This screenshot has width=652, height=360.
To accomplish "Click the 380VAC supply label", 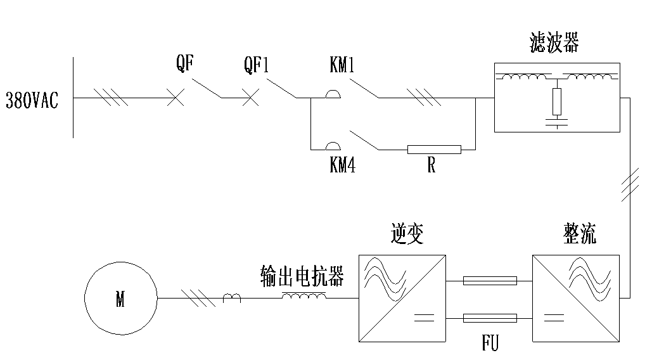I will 32,100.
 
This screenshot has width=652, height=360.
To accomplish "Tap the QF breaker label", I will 185,63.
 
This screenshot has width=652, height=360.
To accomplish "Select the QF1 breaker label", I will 257,64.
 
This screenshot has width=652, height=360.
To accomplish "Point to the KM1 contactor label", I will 342,64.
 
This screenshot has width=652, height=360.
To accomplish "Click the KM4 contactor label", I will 342,166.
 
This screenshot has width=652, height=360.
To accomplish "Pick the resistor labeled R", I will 434,150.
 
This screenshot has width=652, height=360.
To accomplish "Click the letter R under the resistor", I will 431,167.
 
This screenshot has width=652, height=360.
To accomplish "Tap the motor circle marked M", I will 120,299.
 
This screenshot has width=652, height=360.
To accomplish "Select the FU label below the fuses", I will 490,344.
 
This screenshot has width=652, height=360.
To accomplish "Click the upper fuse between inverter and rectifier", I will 490,280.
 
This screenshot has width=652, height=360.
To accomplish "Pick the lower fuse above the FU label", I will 490,318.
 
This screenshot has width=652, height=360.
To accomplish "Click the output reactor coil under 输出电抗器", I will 304,296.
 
